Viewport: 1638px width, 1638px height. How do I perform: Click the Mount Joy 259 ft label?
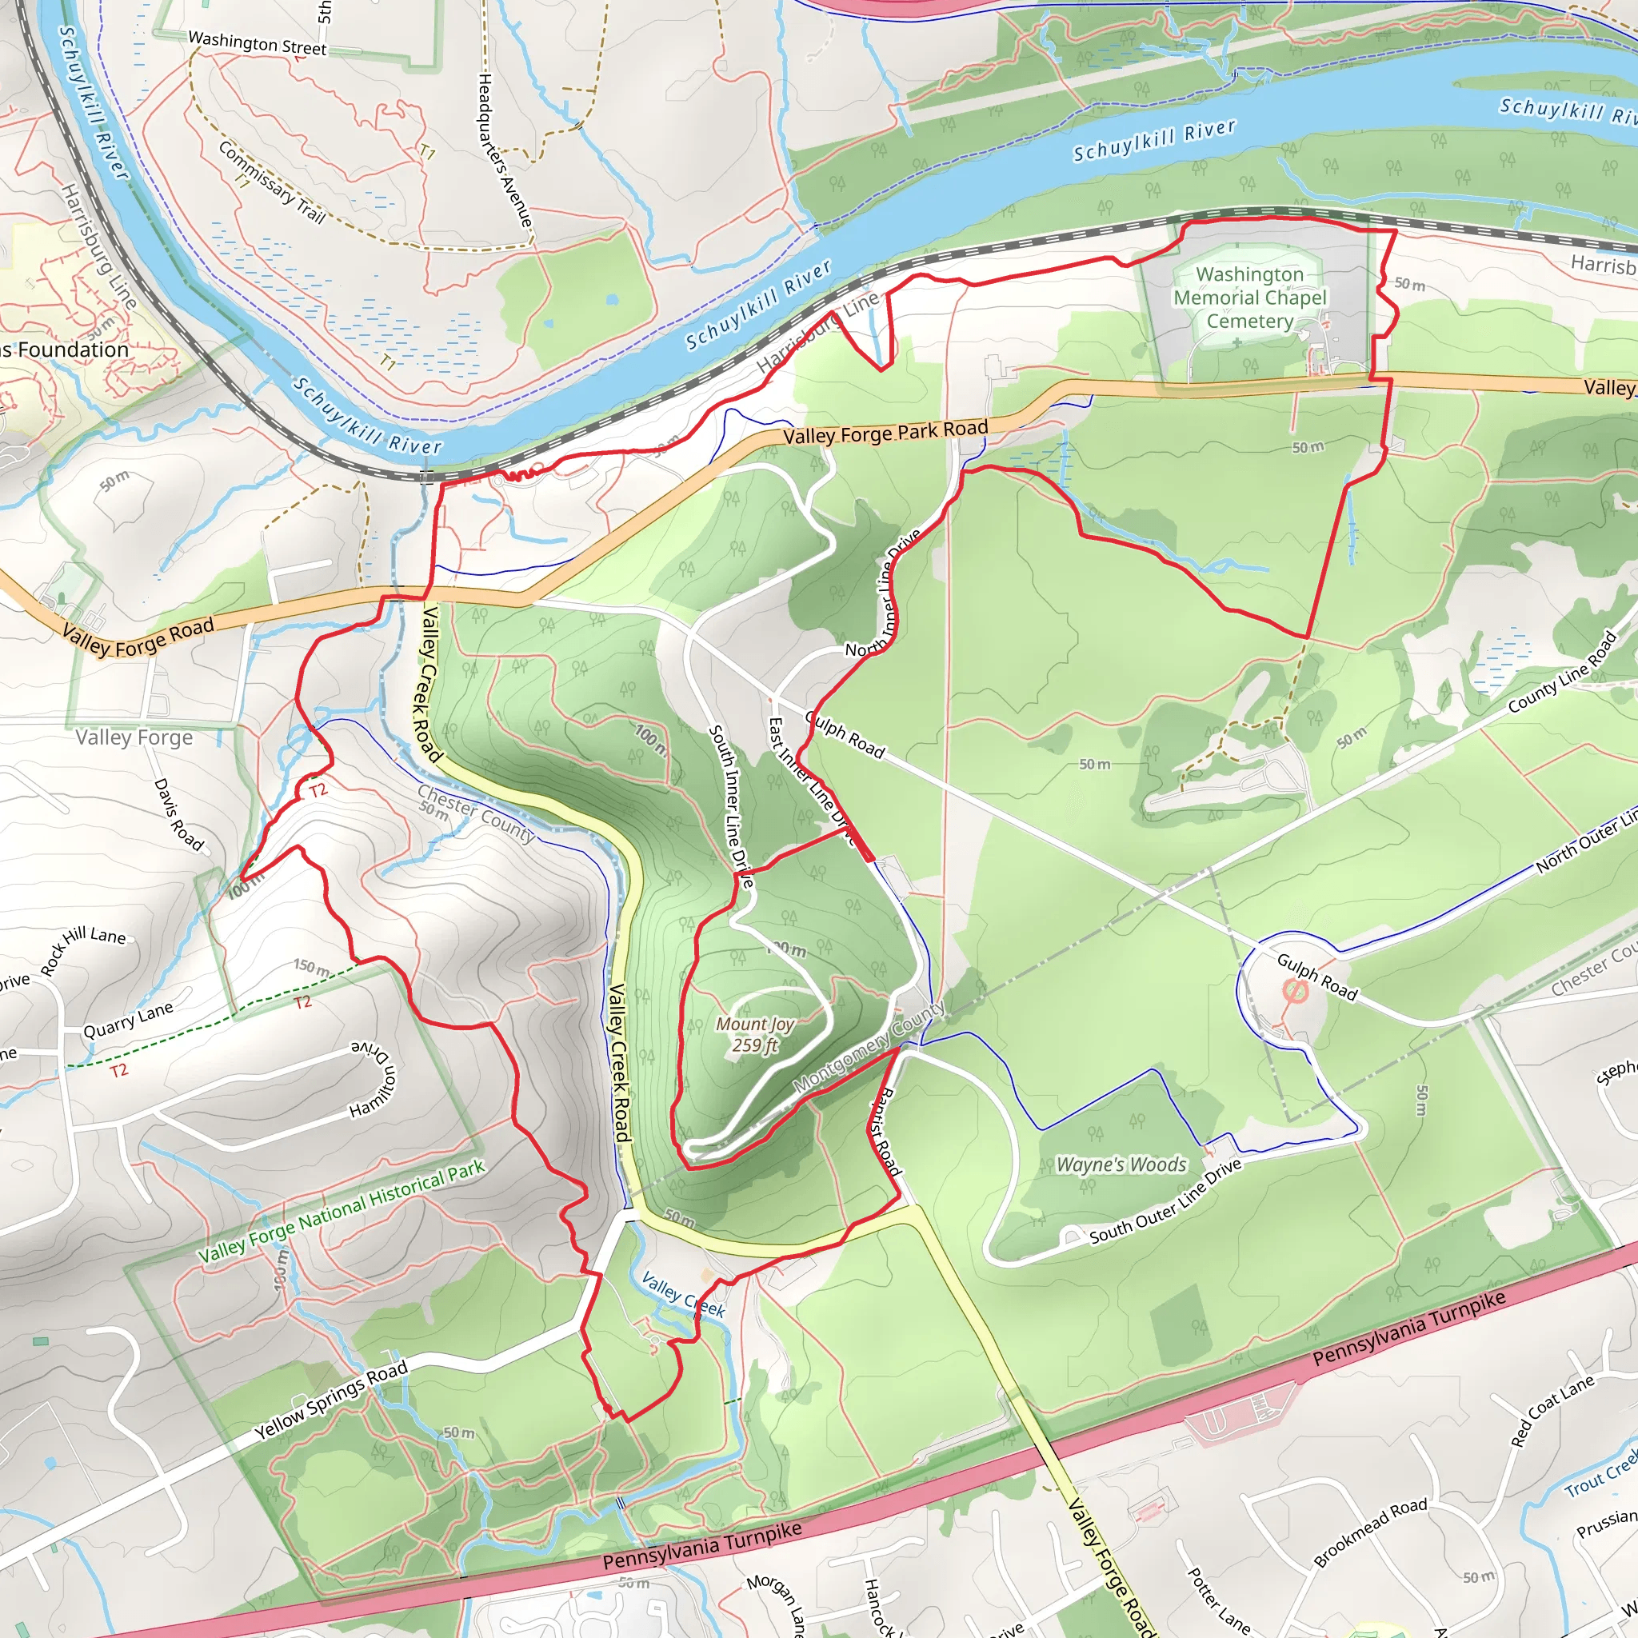[754, 1034]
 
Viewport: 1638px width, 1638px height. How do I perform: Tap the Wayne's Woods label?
[1121, 1165]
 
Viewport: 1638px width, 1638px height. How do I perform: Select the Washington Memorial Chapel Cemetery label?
[1250, 298]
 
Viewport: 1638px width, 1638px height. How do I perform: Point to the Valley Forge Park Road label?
[885, 433]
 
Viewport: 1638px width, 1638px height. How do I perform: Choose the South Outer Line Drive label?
[1166, 1202]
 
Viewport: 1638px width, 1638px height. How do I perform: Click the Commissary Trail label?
[271, 182]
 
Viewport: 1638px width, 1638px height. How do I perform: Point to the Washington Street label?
[257, 43]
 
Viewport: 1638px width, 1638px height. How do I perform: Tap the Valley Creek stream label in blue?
[682, 1295]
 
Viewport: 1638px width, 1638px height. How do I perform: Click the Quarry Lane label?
[127, 1020]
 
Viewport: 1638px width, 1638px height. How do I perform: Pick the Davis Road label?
[178, 814]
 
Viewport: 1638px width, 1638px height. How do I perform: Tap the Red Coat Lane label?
[1552, 1411]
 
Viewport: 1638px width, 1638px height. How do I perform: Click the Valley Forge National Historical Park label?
[341, 1211]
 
